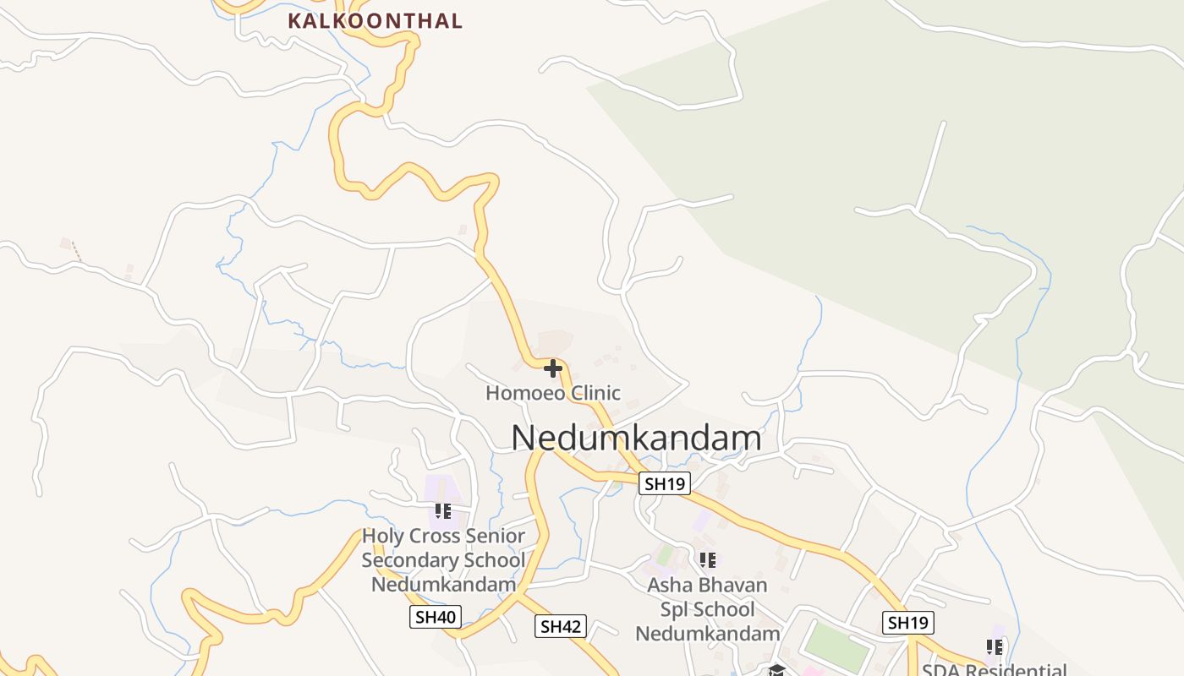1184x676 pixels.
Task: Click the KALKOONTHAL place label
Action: pyautogui.click(x=375, y=21)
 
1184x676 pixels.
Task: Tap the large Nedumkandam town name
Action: pyautogui.click(x=636, y=438)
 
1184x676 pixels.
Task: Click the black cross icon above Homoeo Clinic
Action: pyautogui.click(x=553, y=368)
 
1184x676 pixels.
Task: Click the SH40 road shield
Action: pyautogui.click(x=436, y=617)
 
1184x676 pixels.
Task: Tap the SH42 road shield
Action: pyautogui.click(x=561, y=626)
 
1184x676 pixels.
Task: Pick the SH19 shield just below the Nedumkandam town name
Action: pyautogui.click(x=665, y=483)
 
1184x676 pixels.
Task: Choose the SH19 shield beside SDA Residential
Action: pyautogui.click(x=908, y=623)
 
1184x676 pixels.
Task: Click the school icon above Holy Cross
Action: pyautogui.click(x=443, y=511)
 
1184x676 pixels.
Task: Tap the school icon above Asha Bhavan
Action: pyautogui.click(x=708, y=559)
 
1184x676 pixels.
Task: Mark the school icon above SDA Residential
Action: pyautogui.click(x=995, y=647)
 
